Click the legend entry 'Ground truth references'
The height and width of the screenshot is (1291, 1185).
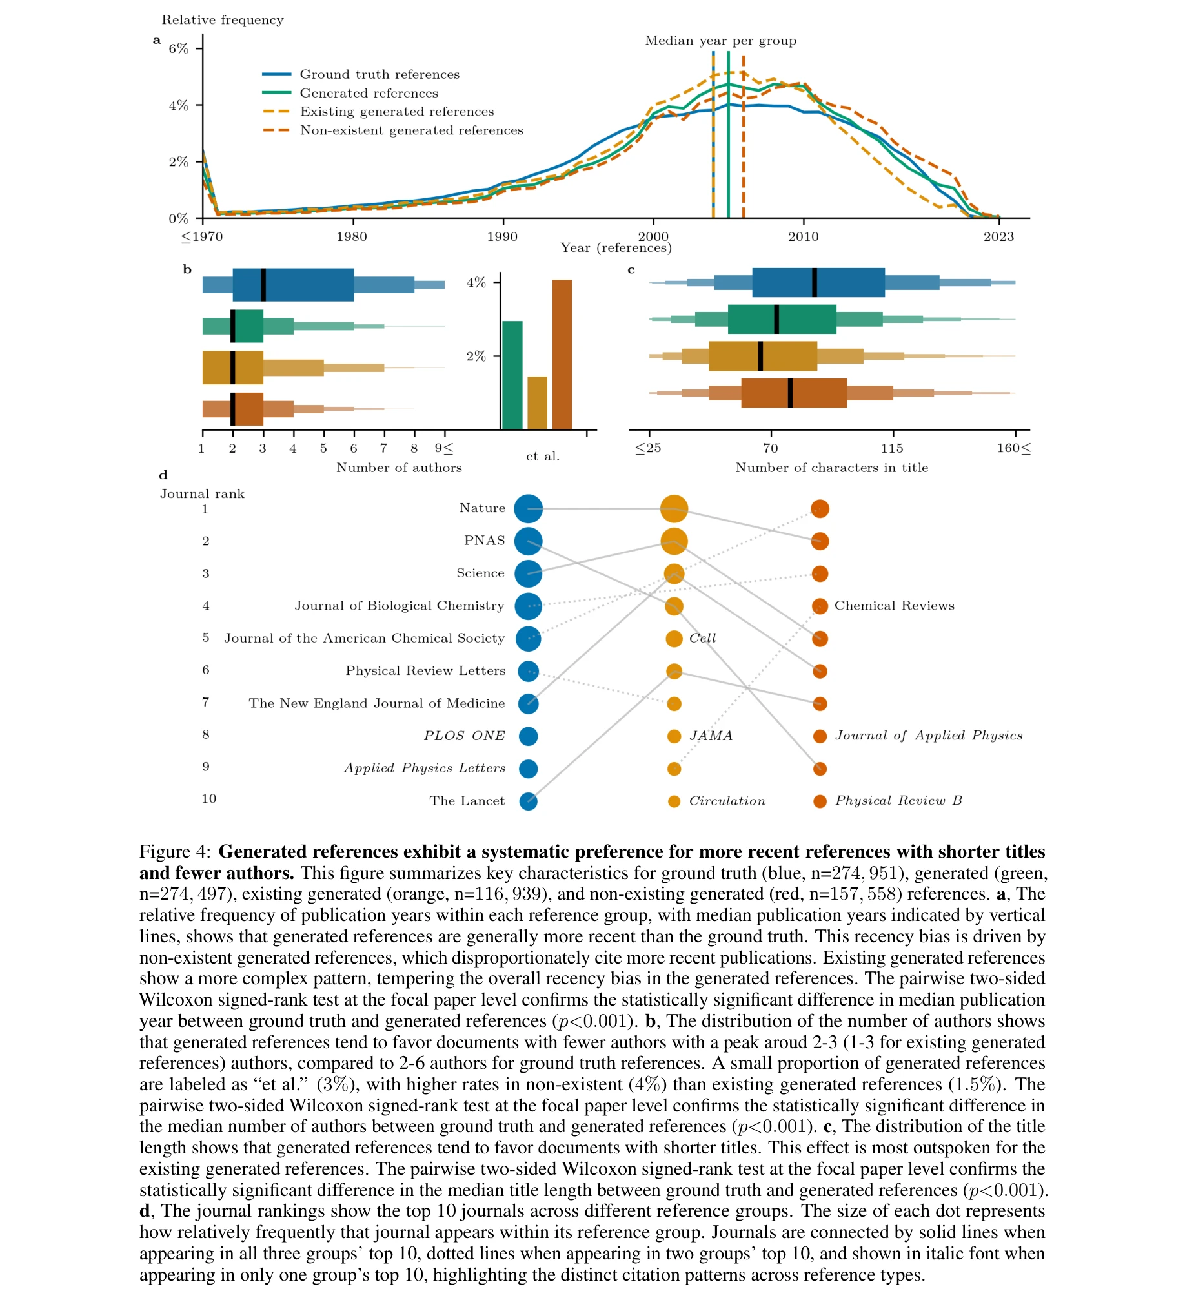(x=380, y=75)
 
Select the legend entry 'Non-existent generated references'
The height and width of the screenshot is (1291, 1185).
(x=411, y=131)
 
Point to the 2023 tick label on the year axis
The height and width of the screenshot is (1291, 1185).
(x=998, y=237)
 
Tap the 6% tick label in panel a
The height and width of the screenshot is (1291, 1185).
(x=178, y=49)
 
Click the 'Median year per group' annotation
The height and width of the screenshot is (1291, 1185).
(x=720, y=41)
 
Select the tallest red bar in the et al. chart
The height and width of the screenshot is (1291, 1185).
(x=562, y=354)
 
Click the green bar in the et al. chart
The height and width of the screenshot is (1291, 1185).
(x=512, y=375)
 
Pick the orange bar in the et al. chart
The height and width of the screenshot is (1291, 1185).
(x=537, y=402)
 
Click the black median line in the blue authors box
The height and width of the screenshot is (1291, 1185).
(x=263, y=285)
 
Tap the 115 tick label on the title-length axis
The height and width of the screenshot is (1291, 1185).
(x=892, y=448)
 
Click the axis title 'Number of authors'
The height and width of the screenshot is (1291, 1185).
(x=399, y=468)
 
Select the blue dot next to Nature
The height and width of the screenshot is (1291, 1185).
(x=528, y=509)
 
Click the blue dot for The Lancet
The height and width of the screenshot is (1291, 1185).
(x=528, y=801)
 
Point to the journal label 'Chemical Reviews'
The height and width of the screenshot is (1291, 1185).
(x=894, y=606)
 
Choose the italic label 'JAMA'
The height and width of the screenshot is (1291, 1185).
(x=711, y=736)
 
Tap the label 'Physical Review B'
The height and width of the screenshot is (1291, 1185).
(x=898, y=801)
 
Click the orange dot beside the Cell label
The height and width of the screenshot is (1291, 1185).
(x=674, y=639)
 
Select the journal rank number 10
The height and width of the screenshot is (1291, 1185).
(x=208, y=799)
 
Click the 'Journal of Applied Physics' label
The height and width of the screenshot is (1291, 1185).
(x=928, y=736)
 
